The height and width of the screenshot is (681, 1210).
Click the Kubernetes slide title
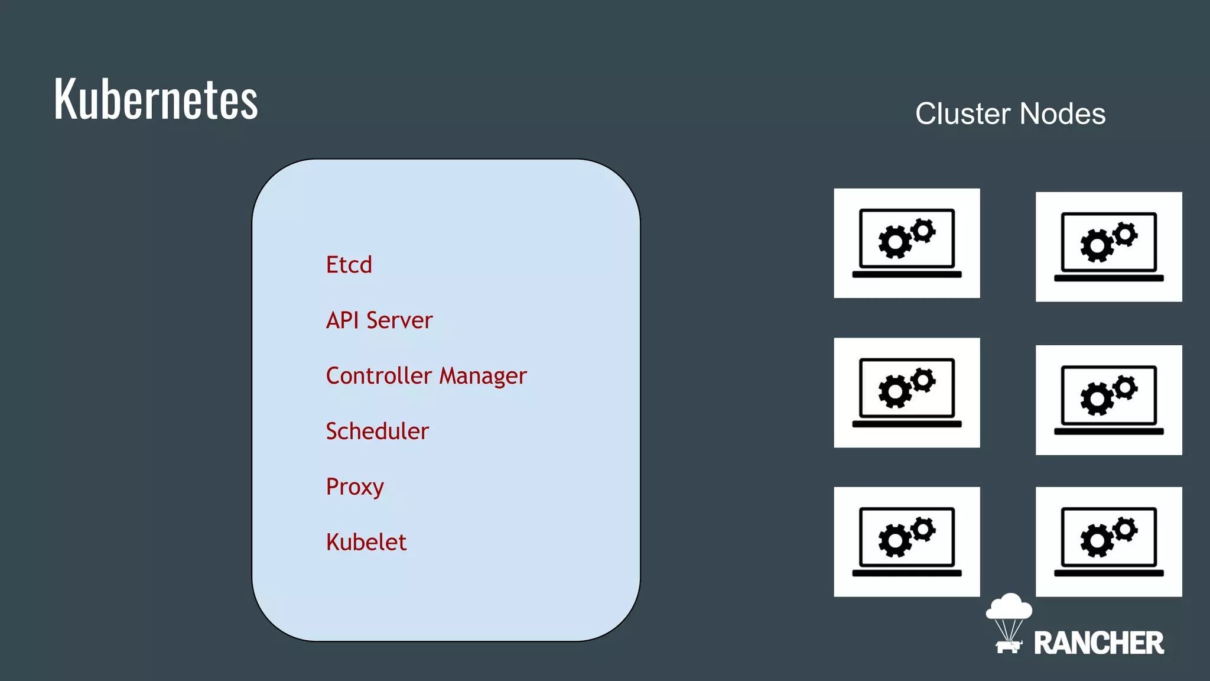coord(156,99)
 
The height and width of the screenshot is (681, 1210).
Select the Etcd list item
coord(349,265)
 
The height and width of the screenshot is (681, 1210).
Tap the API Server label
coord(379,320)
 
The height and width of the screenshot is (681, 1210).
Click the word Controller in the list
coord(379,376)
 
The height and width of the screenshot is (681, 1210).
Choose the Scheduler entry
coord(377,432)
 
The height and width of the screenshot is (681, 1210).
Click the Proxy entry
coord(354,487)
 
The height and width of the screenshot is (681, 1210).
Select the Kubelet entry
coord(366,543)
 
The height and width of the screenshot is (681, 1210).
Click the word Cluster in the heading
coord(962,114)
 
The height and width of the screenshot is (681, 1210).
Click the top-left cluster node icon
coord(906,243)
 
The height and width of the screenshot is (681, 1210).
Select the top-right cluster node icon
coord(1108,247)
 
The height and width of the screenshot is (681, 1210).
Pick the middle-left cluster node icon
coord(906,393)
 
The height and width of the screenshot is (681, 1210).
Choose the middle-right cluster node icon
coord(1108,400)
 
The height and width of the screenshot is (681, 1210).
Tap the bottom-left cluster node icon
coord(906,541)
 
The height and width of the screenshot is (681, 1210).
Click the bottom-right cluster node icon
coord(1108,541)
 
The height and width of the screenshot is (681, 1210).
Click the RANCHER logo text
coord(1098,643)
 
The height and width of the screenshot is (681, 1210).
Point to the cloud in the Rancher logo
coord(1009,607)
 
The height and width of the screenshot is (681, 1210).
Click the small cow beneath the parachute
coord(1008,646)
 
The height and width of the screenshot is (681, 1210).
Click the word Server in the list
coord(399,320)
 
